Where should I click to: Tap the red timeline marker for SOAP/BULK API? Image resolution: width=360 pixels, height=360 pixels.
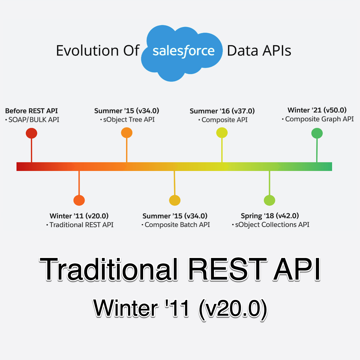31,133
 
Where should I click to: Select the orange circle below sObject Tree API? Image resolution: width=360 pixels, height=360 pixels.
127,133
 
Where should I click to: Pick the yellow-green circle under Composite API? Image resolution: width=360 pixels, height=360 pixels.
222,133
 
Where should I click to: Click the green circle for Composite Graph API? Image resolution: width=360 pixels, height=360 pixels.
317,133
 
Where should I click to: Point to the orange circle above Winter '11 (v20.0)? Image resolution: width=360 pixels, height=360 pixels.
79,200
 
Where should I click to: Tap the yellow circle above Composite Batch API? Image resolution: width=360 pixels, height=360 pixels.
175,200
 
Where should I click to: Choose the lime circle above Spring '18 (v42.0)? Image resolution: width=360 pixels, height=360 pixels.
269,200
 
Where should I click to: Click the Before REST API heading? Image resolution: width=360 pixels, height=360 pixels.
31,111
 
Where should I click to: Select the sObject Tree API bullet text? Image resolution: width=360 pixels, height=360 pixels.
129,120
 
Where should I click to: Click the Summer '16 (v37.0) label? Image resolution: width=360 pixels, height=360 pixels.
222,111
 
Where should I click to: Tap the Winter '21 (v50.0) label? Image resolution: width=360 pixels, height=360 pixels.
317,110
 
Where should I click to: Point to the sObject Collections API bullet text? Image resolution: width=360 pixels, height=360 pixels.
272,225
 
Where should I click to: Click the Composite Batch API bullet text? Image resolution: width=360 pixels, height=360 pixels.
177,225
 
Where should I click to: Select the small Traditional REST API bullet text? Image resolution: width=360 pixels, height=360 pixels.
81,225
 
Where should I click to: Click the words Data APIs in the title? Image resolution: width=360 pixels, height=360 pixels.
259,51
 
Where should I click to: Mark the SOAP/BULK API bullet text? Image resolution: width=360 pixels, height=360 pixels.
34,120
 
